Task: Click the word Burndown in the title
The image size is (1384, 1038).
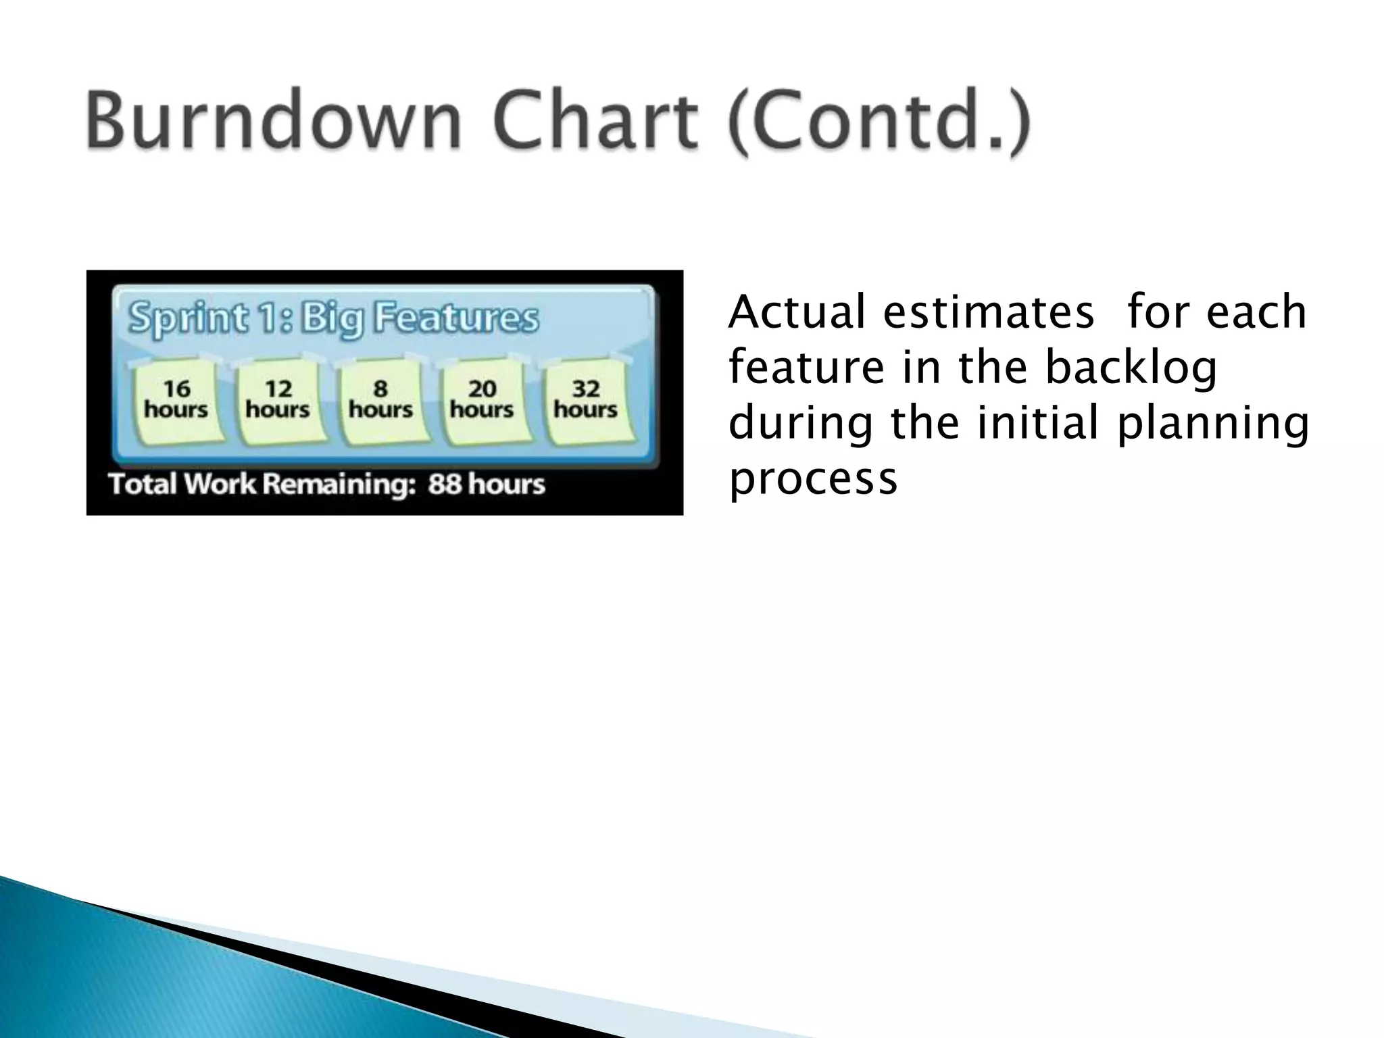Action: [x=274, y=122]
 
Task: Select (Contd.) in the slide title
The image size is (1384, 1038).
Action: [x=879, y=123]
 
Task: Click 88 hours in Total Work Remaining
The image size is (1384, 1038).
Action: [x=487, y=484]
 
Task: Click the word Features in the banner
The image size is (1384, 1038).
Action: [x=457, y=318]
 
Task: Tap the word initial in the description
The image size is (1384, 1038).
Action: [x=1035, y=423]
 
